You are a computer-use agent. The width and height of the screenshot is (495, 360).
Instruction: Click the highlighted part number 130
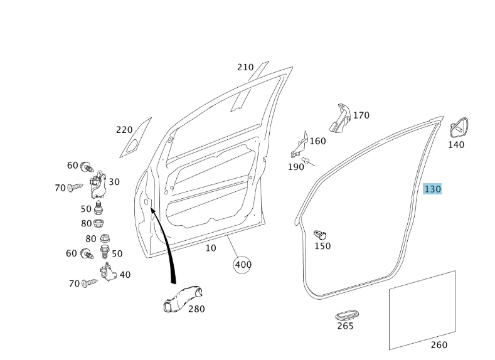[432, 189]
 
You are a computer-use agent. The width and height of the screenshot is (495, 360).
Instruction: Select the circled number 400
[242, 265]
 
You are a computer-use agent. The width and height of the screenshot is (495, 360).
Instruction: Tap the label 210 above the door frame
[245, 67]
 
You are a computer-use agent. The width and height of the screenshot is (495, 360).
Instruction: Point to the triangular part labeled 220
[136, 138]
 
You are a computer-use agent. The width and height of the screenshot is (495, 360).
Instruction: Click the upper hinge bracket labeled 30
[98, 185]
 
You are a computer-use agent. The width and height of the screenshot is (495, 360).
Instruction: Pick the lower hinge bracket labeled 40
[109, 272]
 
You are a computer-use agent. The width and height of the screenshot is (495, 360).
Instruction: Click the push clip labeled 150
[320, 235]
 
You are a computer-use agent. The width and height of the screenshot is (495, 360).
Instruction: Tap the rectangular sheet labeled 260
[422, 310]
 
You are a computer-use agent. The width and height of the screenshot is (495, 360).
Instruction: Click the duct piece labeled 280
[183, 299]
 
